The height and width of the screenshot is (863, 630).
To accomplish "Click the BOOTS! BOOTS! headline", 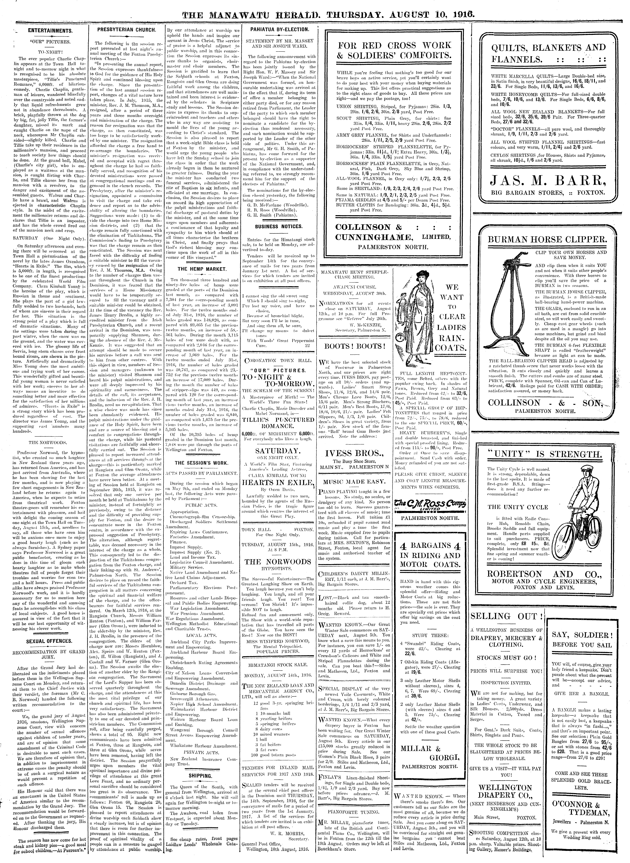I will pos(355,346).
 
